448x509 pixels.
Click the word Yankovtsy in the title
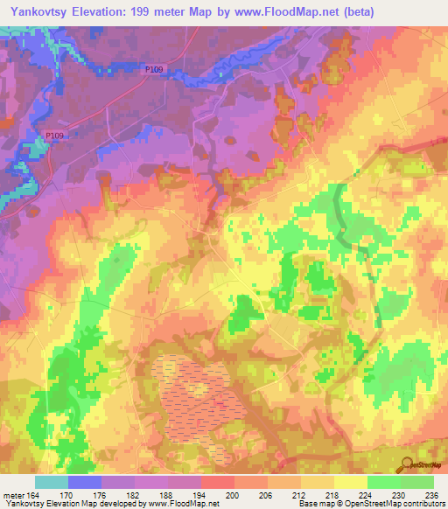(38, 12)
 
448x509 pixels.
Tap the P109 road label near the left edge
(54, 135)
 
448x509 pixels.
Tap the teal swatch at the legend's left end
(52, 482)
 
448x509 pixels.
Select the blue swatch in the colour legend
(85, 482)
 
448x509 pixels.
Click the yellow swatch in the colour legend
(351, 482)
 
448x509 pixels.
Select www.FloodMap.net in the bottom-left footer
(171, 504)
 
